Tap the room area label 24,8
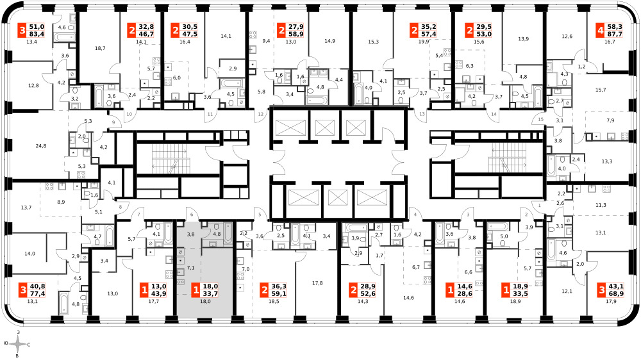coord(41,146)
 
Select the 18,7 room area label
coord(100,48)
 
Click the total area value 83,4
coord(37,34)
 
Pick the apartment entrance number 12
coord(261,114)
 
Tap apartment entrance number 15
coord(540,119)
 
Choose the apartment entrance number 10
coord(129,114)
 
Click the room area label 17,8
coord(317,282)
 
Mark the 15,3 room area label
coord(373,42)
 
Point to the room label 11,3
coord(601,205)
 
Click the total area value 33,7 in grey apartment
coord(211,293)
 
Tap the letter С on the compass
coord(29,345)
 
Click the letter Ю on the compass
coord(5,343)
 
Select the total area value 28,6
coord(464,293)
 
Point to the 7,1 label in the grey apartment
coord(190,268)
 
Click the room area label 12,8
coord(33,85)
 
